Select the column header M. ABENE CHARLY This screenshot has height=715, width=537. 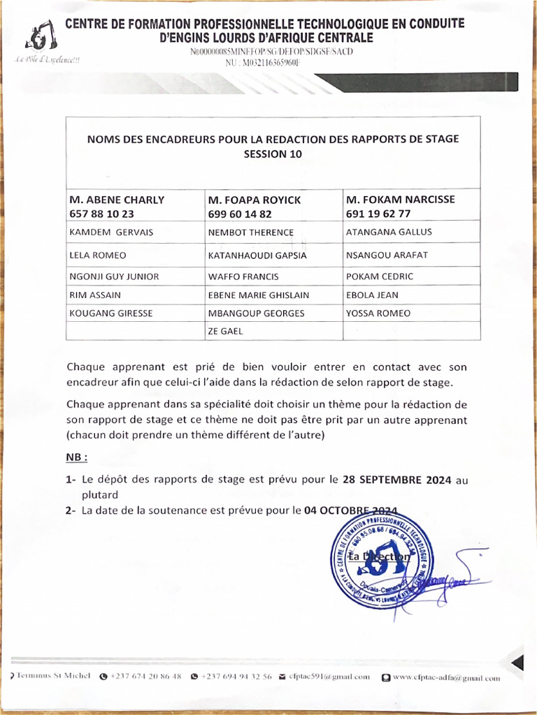pyautogui.click(x=117, y=200)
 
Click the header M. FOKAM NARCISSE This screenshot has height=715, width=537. pyautogui.click(x=400, y=200)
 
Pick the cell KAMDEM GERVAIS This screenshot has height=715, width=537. pyautogui.click(x=111, y=233)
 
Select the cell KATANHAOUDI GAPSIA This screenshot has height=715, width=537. pyautogui.click(x=257, y=256)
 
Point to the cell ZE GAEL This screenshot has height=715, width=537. pyautogui.click(x=225, y=331)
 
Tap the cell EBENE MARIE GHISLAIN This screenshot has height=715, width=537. pyautogui.click(x=258, y=295)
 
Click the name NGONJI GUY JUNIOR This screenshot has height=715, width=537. pyautogui.click(x=114, y=277)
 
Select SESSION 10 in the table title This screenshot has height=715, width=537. pyautogui.click(x=273, y=155)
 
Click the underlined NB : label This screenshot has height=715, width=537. pyautogui.click(x=77, y=458)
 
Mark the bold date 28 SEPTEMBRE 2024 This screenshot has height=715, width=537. pyautogui.click(x=397, y=480)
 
